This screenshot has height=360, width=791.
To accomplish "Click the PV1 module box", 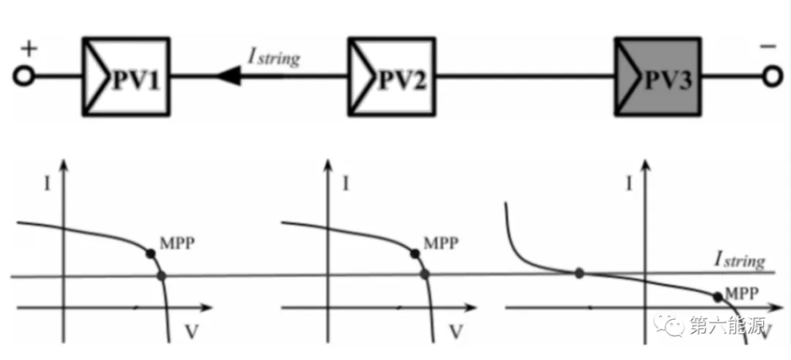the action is point(126,76).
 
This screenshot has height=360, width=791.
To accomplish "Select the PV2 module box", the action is point(392,76).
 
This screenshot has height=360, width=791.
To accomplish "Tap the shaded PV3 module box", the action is point(657,76).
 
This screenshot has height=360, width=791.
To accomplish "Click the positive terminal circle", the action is point(22,77).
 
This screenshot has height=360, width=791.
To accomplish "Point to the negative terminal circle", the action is point(772,77).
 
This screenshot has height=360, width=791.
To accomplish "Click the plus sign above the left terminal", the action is point(29,49).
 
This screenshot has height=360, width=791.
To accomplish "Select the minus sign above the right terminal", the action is point(768,47).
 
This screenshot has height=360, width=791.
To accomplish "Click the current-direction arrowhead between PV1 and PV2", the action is point(229,76).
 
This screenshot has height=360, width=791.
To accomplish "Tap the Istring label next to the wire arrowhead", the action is point(273,58).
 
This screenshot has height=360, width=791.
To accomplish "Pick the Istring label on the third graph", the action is point(739,260).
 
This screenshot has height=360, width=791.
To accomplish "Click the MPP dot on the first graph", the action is point(150,253).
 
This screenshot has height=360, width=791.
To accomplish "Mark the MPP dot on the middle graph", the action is point(414,253).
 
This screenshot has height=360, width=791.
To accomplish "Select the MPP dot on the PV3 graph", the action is point(718,297).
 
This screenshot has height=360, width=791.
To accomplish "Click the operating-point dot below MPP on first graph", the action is point(161,275).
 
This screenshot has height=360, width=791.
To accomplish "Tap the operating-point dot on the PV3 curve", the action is point(579,273).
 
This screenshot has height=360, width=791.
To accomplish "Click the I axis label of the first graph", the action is point(47,184).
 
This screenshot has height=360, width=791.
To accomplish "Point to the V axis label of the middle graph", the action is point(456,331).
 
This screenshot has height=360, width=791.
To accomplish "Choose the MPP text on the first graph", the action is point(177,243).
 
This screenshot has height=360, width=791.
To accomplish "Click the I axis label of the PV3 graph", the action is point(629,184).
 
